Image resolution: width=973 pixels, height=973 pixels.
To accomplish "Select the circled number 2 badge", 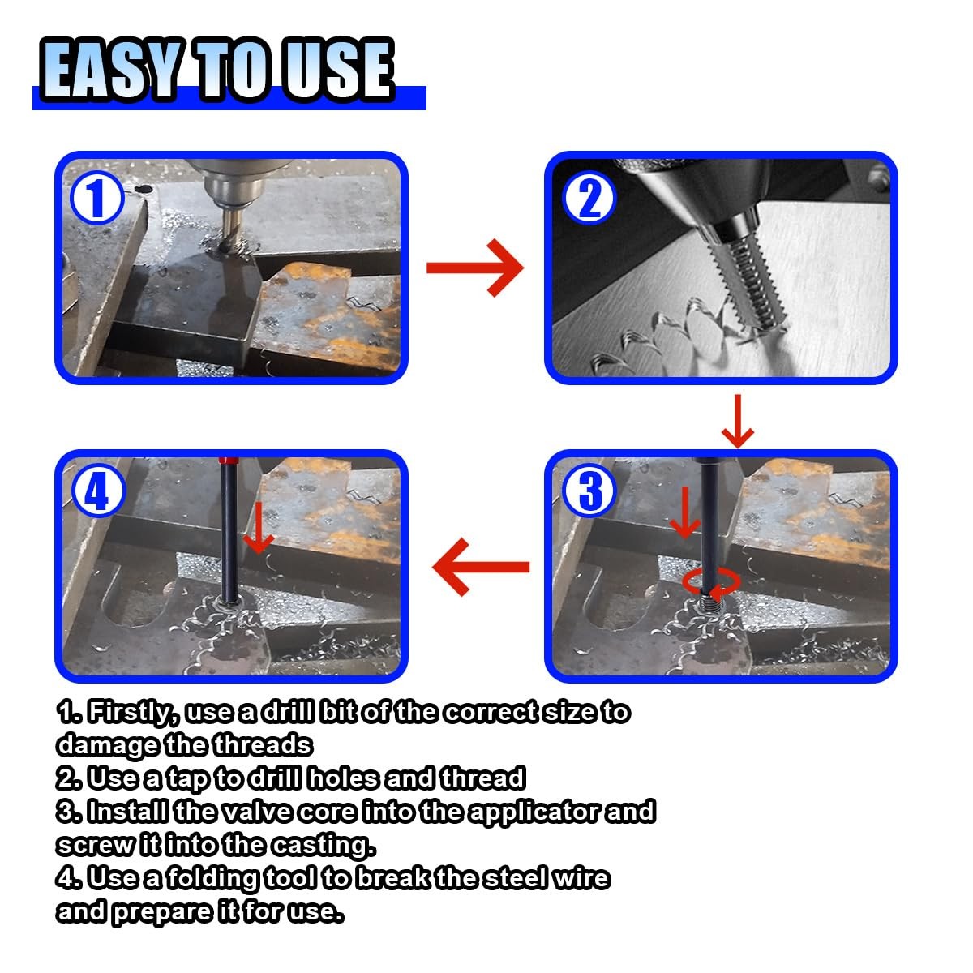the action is click(x=589, y=198).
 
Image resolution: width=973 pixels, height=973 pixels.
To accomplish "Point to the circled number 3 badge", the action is click(x=589, y=491).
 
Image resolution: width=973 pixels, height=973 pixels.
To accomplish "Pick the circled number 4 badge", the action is click(x=97, y=491).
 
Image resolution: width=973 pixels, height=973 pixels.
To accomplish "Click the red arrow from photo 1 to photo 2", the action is click(x=474, y=268).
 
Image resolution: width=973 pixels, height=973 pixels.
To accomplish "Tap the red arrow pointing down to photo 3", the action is click(x=738, y=421).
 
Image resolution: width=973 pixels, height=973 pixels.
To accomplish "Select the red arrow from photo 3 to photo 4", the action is click(x=481, y=567).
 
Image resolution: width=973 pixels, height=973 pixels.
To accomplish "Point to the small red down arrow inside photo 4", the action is click(x=259, y=528).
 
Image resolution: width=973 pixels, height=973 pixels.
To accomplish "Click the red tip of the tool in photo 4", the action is click(x=229, y=461).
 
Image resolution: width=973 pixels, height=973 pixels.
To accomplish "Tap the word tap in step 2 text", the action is click(x=186, y=779).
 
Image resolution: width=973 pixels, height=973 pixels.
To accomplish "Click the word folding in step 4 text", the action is click(x=213, y=879).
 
